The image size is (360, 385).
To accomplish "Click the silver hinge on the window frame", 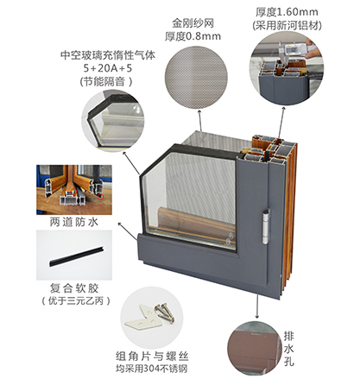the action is (x=267, y=226).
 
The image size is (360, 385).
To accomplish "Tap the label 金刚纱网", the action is (x=193, y=23).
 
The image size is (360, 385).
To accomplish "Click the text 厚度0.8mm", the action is (x=193, y=36).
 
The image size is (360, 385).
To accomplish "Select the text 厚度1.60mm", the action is (x=287, y=12).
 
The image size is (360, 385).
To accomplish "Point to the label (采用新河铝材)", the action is (x=287, y=26).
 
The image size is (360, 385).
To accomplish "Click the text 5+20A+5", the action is (x=108, y=68).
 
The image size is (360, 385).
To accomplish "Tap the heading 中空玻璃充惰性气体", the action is (x=108, y=55).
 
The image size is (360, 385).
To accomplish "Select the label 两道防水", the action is (x=74, y=222).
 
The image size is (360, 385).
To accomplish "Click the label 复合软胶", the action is (x=74, y=287).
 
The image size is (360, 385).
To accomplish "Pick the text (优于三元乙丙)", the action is (x=76, y=301).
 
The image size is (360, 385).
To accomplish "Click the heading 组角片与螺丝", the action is (x=152, y=357).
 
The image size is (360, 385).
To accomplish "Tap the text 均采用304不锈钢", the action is (x=152, y=369).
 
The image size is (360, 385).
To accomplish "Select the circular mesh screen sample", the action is (x=196, y=78).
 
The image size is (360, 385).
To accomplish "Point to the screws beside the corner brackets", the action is (x=165, y=312).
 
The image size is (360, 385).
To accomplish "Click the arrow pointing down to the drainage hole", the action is (x=256, y=306).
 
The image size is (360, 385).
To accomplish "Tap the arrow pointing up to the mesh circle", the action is (x=200, y=121).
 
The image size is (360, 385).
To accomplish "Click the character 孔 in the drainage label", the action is (x=288, y=361).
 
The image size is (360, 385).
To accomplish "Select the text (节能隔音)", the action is (x=106, y=82).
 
